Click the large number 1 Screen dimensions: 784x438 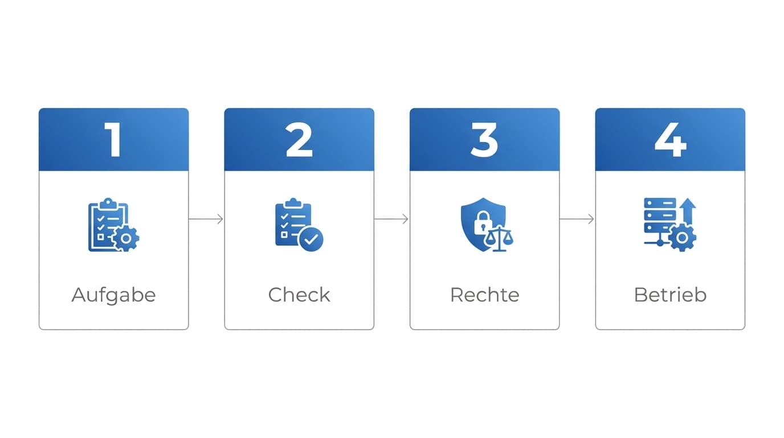[113, 140]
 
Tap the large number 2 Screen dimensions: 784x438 [299, 140]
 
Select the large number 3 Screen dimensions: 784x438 [484, 140]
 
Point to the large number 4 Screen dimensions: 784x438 [670, 140]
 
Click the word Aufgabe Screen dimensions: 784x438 [114, 295]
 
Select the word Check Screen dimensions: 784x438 [299, 295]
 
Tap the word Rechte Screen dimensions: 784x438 [485, 295]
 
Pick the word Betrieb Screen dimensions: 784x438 [670, 295]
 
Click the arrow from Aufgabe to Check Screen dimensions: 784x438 [206, 219]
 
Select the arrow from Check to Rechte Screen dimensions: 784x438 [391, 219]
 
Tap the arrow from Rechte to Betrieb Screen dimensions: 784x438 [577, 219]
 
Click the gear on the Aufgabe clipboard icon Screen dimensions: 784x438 [126, 238]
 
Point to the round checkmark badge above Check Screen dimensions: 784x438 [311, 240]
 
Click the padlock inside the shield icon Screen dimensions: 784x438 [483, 223]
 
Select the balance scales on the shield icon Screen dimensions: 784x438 [499, 238]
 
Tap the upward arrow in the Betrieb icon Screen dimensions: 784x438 [688, 211]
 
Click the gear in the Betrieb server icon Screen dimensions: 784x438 [682, 238]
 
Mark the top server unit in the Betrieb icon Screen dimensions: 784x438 [660, 203]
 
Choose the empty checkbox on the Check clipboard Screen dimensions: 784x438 [284, 234]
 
